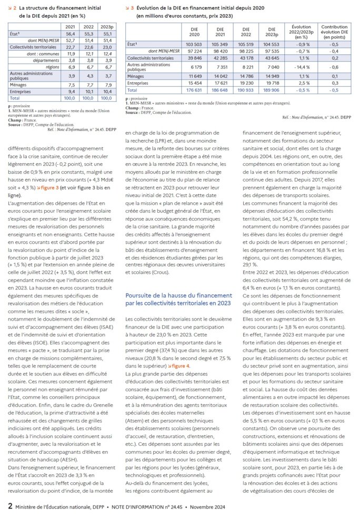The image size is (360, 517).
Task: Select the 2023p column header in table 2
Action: pyautogui.click(x=106, y=26)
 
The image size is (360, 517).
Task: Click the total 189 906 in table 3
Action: pyautogui.click(x=270, y=90)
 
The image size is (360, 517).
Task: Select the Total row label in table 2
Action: pyautogui.click(x=15, y=97)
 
